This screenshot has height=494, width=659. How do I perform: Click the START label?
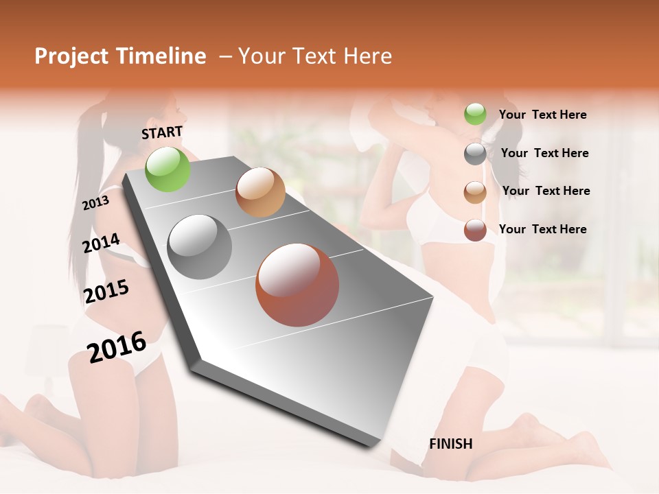point(162,132)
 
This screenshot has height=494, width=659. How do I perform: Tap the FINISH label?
point(451,444)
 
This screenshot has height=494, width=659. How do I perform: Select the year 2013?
point(95,203)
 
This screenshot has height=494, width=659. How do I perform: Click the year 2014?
point(101,244)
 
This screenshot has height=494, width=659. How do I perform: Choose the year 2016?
point(117,346)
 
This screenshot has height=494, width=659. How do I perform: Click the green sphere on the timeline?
point(167,169)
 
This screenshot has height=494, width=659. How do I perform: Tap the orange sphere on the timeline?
point(260,192)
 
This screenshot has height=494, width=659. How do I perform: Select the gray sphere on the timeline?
point(200,247)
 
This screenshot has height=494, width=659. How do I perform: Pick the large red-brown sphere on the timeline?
point(297,285)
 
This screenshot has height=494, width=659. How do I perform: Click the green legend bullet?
point(475,115)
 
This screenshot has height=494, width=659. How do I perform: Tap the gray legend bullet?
point(475,154)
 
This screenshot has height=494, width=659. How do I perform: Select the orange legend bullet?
point(475,192)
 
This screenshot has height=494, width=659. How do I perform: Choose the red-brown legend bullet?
point(475,230)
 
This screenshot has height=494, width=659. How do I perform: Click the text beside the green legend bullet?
point(542,115)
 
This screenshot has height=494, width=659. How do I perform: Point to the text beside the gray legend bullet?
point(544,153)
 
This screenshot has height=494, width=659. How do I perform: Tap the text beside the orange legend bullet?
point(546,191)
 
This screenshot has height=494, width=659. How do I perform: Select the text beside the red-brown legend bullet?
point(542,229)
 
